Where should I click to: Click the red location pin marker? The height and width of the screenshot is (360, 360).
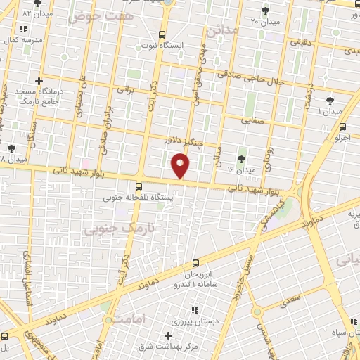[x=181, y=167]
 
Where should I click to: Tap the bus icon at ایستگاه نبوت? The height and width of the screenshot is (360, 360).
[x=162, y=34]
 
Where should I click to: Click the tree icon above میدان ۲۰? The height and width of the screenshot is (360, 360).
[x=265, y=10]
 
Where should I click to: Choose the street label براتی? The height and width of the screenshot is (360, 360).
[x=125, y=89]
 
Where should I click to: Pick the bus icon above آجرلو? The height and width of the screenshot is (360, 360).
[x=342, y=127]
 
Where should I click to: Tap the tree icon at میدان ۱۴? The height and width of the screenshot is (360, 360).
[x=243, y=157]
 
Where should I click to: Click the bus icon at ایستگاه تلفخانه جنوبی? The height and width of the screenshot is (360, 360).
[x=139, y=187]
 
